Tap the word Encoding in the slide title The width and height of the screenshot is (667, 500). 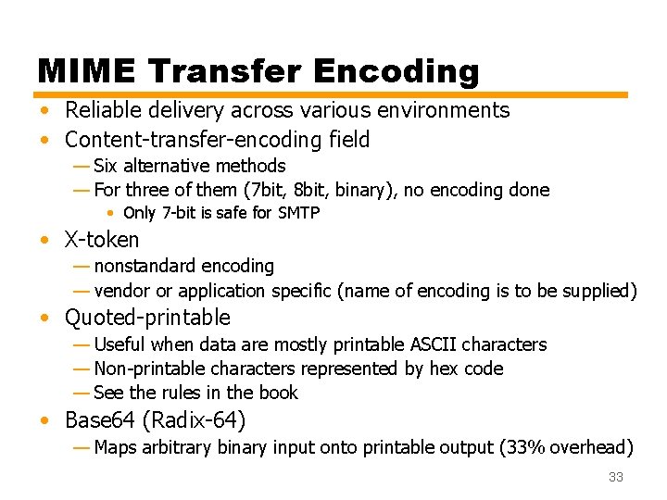396,71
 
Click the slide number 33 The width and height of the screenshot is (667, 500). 615,478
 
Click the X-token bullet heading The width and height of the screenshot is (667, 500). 102,240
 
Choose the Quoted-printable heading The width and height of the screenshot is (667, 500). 147,318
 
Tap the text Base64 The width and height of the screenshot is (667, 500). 99,420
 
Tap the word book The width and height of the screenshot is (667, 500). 279,393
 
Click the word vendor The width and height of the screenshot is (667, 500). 122,291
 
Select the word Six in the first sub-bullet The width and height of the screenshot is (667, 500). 107,166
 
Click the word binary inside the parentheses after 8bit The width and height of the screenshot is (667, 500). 332,190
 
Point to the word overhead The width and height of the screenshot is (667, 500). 592,448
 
